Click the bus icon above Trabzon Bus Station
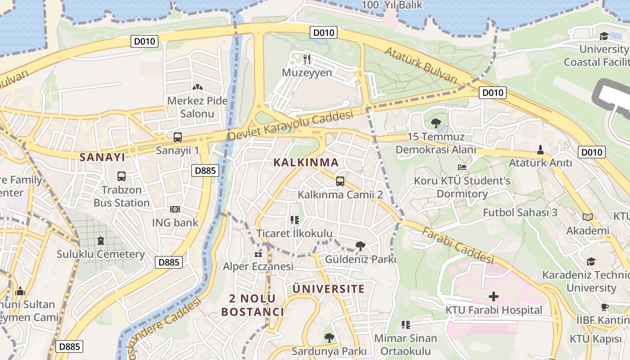121,176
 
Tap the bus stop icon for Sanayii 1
178,137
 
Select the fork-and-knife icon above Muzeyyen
307,59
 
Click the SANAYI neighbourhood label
102,157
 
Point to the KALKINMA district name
306,162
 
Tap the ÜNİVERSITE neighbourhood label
328,289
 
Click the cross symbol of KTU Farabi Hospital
494,297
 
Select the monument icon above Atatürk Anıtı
540,149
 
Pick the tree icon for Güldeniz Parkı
360,246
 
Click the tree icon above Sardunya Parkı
329,337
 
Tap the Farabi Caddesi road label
458,245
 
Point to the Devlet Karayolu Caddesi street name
290,126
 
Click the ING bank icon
175,209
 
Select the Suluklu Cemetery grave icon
100,241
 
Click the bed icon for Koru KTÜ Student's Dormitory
462,167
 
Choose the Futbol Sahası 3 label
520,212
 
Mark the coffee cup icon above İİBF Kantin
604,307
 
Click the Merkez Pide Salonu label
197,107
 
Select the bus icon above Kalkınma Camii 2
340,181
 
